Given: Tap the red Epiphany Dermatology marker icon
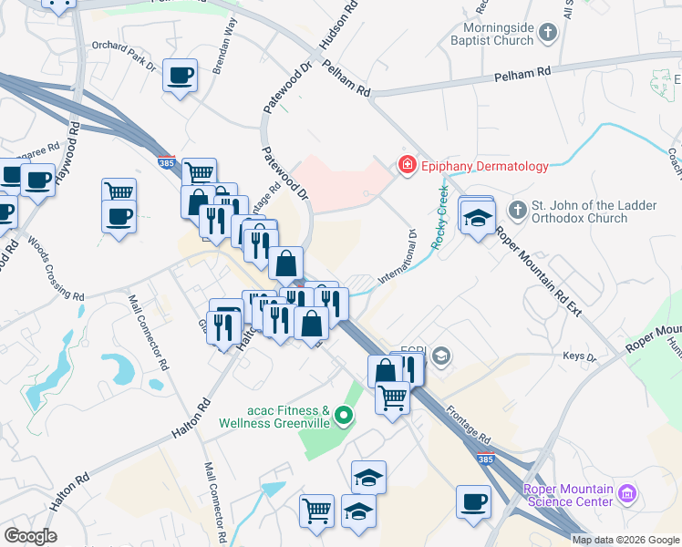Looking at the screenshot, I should (406, 166).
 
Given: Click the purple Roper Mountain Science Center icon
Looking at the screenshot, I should (625, 494).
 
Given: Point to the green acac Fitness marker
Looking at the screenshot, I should (344, 417).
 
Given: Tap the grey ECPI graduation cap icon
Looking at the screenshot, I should (442, 355).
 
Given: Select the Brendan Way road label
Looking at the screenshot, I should (224, 57).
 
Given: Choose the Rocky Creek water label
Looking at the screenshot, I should (440, 217).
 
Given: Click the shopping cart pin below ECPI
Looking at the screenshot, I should (392, 397).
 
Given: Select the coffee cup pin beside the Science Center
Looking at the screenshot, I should (474, 501).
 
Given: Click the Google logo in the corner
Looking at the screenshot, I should (30, 536).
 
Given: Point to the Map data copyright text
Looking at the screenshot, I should (625, 540).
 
